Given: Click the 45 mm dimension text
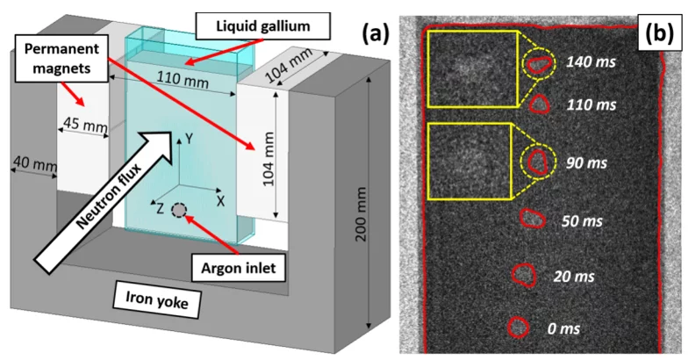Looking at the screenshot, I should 82,124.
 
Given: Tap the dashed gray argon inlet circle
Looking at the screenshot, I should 179,211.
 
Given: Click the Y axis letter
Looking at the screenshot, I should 186,139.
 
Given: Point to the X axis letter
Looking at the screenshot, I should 221,200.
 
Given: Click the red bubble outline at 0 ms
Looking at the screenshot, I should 519,328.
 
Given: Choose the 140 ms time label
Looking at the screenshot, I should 591,62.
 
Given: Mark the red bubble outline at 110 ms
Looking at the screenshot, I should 539,104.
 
